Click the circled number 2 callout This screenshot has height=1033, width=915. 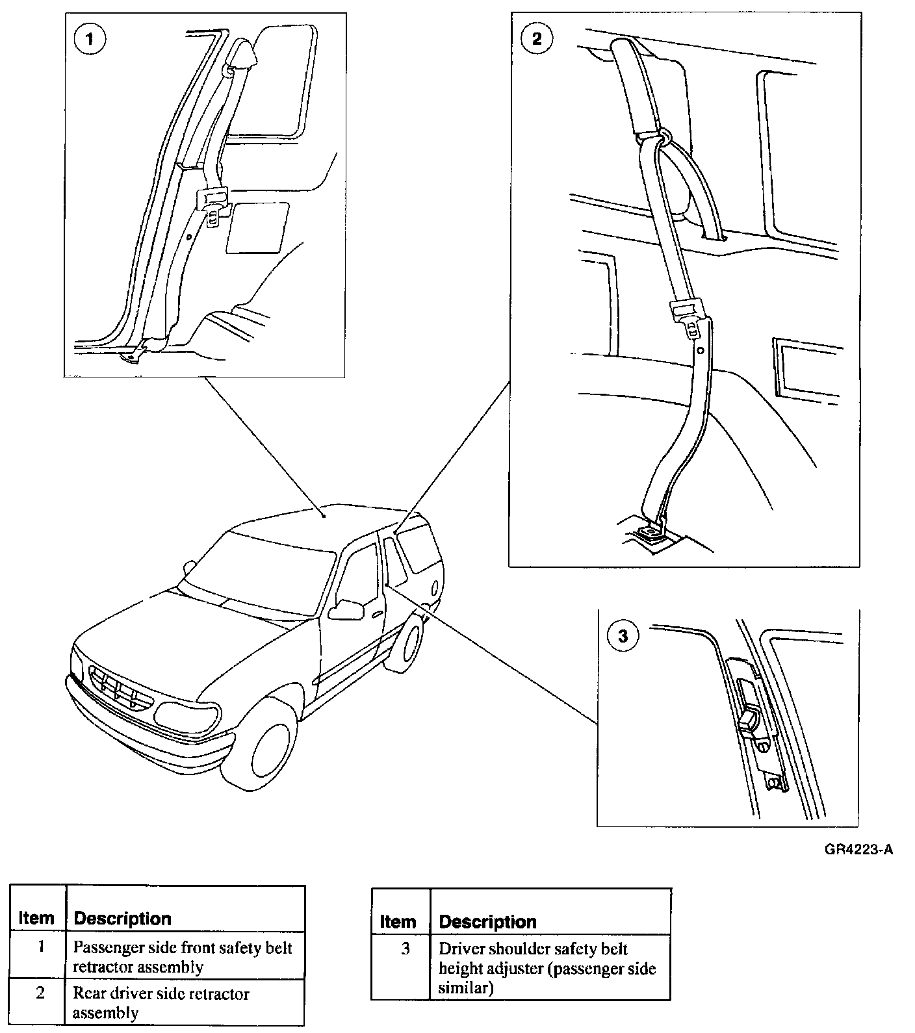(536, 38)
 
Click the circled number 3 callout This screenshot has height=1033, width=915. (623, 635)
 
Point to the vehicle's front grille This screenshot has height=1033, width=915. (121, 689)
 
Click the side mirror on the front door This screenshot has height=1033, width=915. (346, 609)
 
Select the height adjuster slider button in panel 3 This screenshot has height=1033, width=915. (749, 721)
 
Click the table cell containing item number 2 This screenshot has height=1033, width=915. (40, 994)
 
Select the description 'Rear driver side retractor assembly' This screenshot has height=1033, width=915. (161, 1002)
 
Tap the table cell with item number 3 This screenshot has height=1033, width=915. (405, 950)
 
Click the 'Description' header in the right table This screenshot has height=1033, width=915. (487, 921)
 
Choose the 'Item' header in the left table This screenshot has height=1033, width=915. (36, 918)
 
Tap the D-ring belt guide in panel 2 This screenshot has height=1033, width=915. (664, 135)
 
